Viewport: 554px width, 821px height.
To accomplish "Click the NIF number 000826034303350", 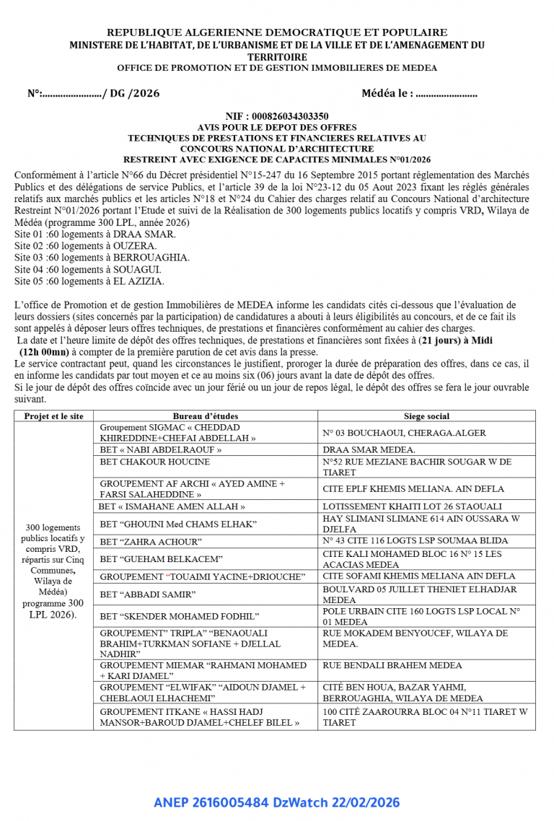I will coord(277,115).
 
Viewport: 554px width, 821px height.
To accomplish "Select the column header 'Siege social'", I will coord(426,416).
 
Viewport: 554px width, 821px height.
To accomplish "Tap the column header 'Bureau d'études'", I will coord(205,416).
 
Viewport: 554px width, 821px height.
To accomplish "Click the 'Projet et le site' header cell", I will coord(53,416).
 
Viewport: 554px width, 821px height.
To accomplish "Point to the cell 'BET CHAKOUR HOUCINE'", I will coord(155,462).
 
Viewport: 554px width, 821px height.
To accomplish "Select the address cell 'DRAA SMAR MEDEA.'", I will coord(369,449).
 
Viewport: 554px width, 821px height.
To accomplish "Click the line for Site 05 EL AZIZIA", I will coord(89,281).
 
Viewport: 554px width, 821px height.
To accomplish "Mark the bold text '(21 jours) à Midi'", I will coord(462,340).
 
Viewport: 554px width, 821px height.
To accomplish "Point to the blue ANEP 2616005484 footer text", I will coord(276,802).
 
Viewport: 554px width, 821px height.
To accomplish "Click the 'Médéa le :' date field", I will coord(419,94).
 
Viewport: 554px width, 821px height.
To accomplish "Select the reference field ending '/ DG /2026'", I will coord(93,94).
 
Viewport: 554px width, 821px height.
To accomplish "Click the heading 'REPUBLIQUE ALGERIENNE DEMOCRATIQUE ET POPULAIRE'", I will coord(277,32).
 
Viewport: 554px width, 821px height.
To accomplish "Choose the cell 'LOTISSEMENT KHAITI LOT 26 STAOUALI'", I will coord(422,506).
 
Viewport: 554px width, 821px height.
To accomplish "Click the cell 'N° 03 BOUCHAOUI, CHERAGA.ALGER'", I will coord(404,433).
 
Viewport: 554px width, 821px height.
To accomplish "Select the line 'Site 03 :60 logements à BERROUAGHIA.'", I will coord(102,258).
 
